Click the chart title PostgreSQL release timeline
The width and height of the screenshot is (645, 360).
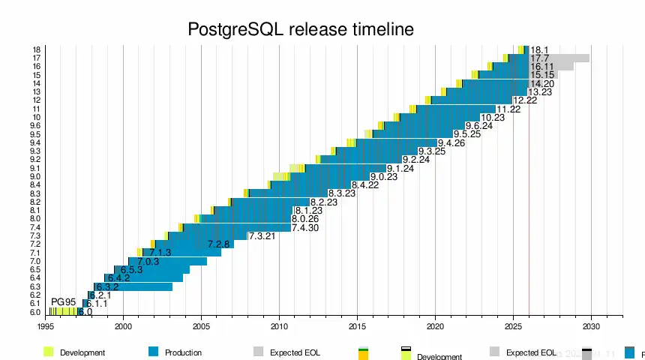(301, 30)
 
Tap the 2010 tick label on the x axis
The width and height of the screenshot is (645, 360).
(279, 326)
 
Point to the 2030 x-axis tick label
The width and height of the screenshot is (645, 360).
(591, 326)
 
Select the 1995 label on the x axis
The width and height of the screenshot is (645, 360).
(45, 326)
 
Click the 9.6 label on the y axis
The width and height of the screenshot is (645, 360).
(35, 126)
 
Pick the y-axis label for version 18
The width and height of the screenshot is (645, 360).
(36, 49)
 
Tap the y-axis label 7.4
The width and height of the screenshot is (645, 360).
(35, 227)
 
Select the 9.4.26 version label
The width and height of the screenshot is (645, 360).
(451, 142)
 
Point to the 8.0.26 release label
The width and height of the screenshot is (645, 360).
(305, 219)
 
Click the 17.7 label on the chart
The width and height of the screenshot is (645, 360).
(540, 58)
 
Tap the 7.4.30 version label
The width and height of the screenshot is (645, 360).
(305, 228)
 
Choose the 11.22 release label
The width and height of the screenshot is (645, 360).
(509, 109)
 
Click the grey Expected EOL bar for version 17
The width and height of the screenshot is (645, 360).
(570, 58)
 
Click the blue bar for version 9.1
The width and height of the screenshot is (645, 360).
(345, 168)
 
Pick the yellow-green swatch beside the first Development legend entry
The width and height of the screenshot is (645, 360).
(49, 352)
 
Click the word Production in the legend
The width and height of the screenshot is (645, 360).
(183, 352)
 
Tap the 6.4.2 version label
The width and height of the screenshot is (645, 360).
(118, 278)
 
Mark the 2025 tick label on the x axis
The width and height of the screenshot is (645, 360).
(513, 326)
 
